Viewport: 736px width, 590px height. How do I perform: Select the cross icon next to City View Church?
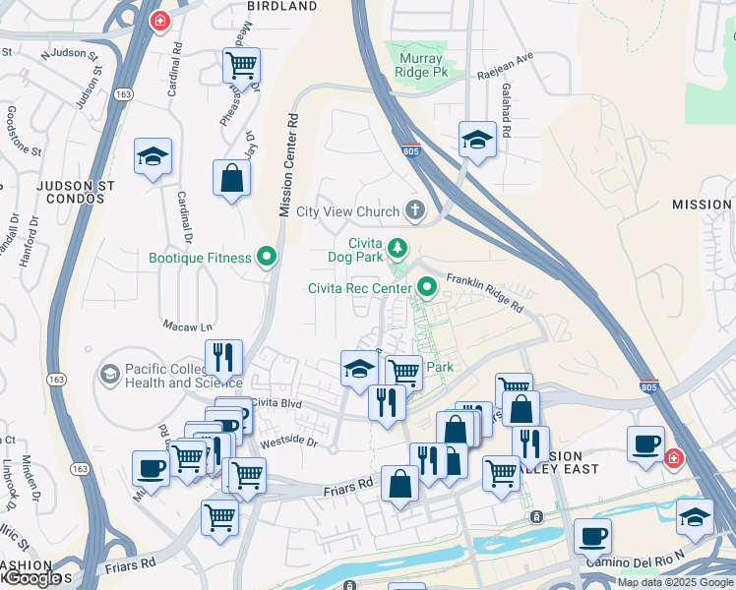coord(415,210)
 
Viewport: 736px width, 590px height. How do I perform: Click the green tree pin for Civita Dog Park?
coord(397,248)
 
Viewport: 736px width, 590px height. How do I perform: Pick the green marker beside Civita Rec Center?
coord(427,287)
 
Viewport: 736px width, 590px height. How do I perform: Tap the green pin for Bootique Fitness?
coord(266,258)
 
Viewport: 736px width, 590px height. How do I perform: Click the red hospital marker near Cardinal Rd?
coord(159,20)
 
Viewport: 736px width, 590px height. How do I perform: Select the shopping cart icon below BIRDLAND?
coord(241,66)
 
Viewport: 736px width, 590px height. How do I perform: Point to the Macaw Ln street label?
coord(187,326)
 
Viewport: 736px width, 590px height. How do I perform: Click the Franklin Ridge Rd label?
coord(484,292)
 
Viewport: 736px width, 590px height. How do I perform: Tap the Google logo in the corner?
coord(32,578)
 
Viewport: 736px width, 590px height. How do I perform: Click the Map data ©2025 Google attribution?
coord(675,582)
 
